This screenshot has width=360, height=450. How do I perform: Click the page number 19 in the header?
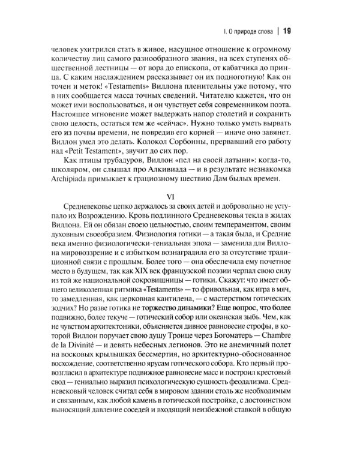click(x=286, y=31)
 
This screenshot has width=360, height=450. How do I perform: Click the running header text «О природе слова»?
click(x=248, y=31)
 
